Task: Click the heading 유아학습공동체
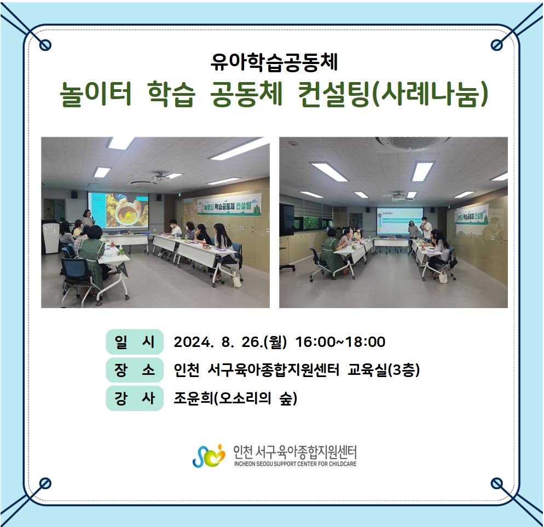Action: pos(274,63)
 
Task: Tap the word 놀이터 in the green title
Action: pos(96,94)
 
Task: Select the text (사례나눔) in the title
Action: pos(430,94)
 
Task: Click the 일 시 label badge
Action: pos(135,341)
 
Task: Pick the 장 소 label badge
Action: pos(135,370)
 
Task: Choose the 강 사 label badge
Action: pos(135,398)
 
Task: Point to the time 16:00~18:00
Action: pos(340,341)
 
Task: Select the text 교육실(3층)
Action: pos(384,370)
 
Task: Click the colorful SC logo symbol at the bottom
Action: pos(209,455)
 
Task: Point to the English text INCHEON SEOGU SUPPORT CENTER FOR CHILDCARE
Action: pos(295,464)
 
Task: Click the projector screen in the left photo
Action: pos(118,211)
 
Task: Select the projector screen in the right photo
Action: pos(400,221)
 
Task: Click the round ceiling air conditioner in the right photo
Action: pos(412,143)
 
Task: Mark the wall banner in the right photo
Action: pos(472,214)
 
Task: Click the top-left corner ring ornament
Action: pos(45,44)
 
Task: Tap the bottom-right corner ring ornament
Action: pos(497,483)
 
